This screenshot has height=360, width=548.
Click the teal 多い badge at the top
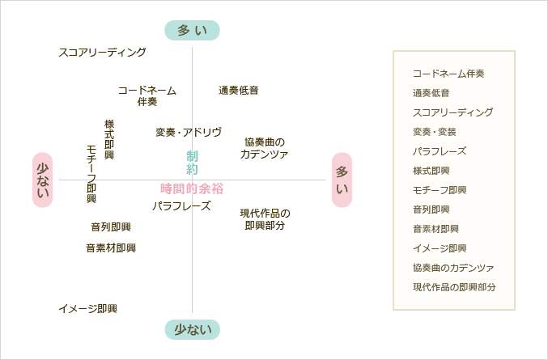point(192,31)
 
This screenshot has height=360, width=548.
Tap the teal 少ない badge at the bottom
point(192,329)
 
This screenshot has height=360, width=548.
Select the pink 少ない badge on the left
point(42,180)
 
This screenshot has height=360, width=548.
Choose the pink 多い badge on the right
point(342,180)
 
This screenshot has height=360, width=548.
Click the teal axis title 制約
point(192,163)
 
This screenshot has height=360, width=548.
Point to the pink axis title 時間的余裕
point(192,188)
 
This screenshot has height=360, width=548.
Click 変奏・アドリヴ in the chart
point(189,132)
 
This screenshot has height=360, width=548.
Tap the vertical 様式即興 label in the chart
point(109,139)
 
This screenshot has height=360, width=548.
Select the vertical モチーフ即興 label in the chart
point(91,174)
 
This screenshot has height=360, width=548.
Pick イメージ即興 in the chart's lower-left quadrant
point(87,309)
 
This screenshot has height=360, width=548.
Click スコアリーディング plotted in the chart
point(102,53)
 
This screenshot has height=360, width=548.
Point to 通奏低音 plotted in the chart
point(239,91)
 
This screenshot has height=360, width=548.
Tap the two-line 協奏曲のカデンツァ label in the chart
point(264,148)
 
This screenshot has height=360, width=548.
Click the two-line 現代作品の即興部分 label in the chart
point(265,219)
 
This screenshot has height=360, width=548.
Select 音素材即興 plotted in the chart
point(111,248)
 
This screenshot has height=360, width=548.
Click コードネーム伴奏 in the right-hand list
point(448,74)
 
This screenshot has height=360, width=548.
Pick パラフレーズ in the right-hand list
point(440,151)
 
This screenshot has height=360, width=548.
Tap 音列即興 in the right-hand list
point(435,210)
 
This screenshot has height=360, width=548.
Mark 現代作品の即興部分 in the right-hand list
point(454,287)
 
